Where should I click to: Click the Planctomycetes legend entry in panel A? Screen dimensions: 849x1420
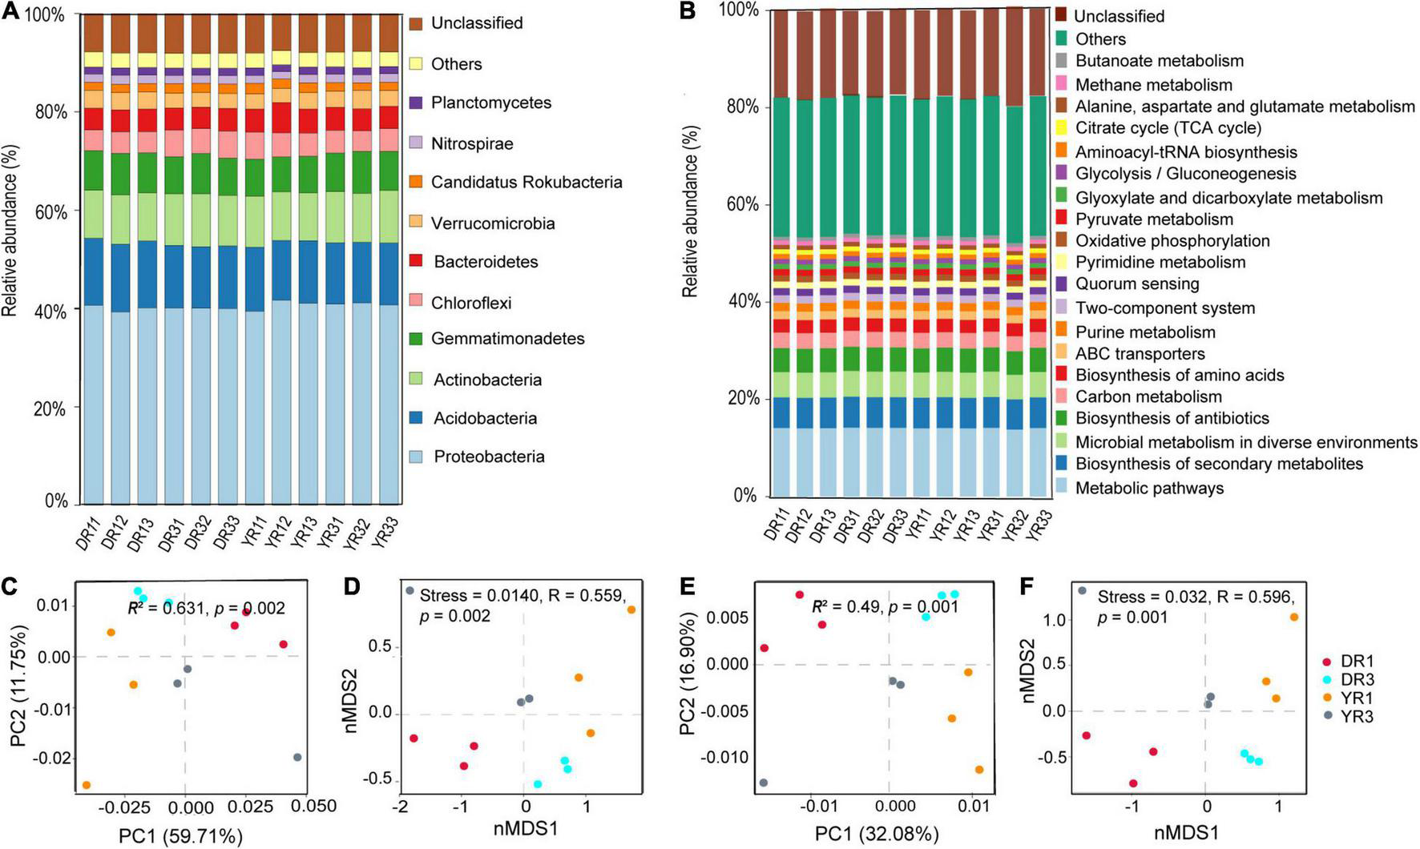pyautogui.click(x=490, y=103)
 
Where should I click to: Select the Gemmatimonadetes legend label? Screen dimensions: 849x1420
pyautogui.click(x=507, y=339)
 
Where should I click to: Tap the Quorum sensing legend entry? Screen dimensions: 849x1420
pyautogui.click(x=1136, y=284)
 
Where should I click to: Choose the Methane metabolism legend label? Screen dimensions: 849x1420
pyautogui.click(x=1153, y=85)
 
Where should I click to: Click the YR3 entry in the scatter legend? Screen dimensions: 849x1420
pyautogui.click(x=1357, y=717)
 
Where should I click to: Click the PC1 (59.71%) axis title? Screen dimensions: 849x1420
pyautogui.click(x=180, y=837)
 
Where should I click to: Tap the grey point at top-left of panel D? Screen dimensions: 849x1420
pyautogui.click(x=409, y=591)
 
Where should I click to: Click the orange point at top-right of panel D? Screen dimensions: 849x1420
pyautogui.click(x=631, y=610)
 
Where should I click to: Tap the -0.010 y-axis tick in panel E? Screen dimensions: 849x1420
pyautogui.click(x=727, y=758)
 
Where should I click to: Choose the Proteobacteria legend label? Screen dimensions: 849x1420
pyautogui.click(x=489, y=457)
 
